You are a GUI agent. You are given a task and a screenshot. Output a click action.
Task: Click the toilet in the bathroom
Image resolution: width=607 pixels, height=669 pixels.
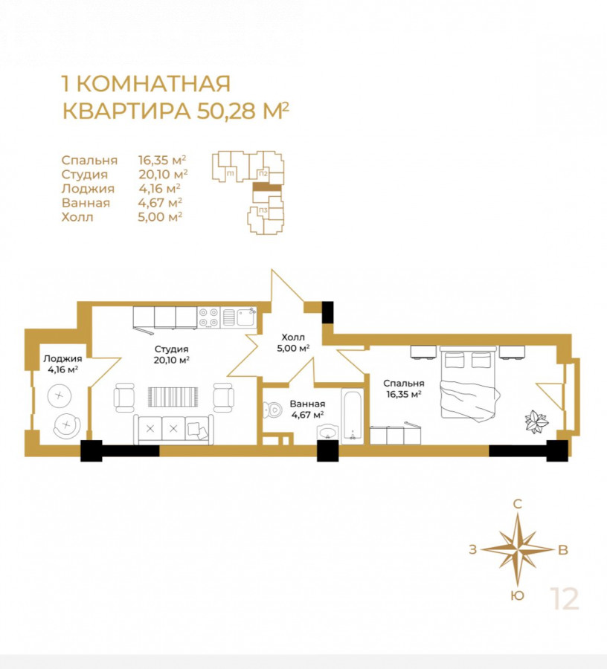pyautogui.click(x=272, y=411)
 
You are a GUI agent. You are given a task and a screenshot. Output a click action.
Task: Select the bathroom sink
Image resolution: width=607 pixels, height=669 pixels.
pyautogui.click(x=328, y=432)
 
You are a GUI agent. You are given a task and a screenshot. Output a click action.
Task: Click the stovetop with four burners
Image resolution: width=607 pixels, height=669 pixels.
pyautogui.click(x=209, y=317)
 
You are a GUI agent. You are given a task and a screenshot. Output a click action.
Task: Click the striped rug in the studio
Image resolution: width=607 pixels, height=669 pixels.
pyautogui.click(x=173, y=397)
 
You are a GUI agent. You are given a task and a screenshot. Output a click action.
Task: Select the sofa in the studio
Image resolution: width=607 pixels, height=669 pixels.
pyautogui.click(x=173, y=430)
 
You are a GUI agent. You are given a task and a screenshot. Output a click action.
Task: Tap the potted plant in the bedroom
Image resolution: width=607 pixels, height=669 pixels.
pyautogui.click(x=536, y=421)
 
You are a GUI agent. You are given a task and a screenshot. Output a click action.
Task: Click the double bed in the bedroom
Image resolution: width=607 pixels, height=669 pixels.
pyautogui.click(x=469, y=383)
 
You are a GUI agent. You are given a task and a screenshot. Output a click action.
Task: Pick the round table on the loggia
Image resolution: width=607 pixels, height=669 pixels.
pyautogui.click(x=59, y=395)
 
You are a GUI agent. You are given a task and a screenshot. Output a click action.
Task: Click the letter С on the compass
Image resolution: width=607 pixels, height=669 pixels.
pyautogui.click(x=517, y=504)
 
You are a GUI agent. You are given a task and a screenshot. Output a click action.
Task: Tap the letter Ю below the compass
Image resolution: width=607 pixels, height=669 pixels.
pyautogui.click(x=517, y=595)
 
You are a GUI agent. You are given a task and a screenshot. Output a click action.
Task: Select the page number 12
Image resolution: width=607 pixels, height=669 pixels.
pyautogui.click(x=565, y=599)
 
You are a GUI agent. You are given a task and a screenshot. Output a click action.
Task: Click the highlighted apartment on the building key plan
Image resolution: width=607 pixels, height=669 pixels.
pyautogui.click(x=267, y=187)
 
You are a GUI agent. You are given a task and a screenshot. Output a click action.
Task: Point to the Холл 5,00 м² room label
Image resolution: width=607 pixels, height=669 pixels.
pyautogui.click(x=293, y=343)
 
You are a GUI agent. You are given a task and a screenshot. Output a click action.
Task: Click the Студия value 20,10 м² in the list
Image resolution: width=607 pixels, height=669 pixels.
pyautogui.click(x=163, y=174)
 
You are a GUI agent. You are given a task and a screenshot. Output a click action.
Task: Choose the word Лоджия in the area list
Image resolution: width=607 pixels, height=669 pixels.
pyautogui.click(x=88, y=189)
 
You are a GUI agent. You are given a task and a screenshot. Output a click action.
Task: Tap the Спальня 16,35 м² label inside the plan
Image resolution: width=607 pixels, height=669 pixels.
pyautogui.click(x=404, y=388)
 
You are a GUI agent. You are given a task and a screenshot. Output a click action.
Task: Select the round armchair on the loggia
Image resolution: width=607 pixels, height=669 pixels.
pyautogui.click(x=67, y=426)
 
